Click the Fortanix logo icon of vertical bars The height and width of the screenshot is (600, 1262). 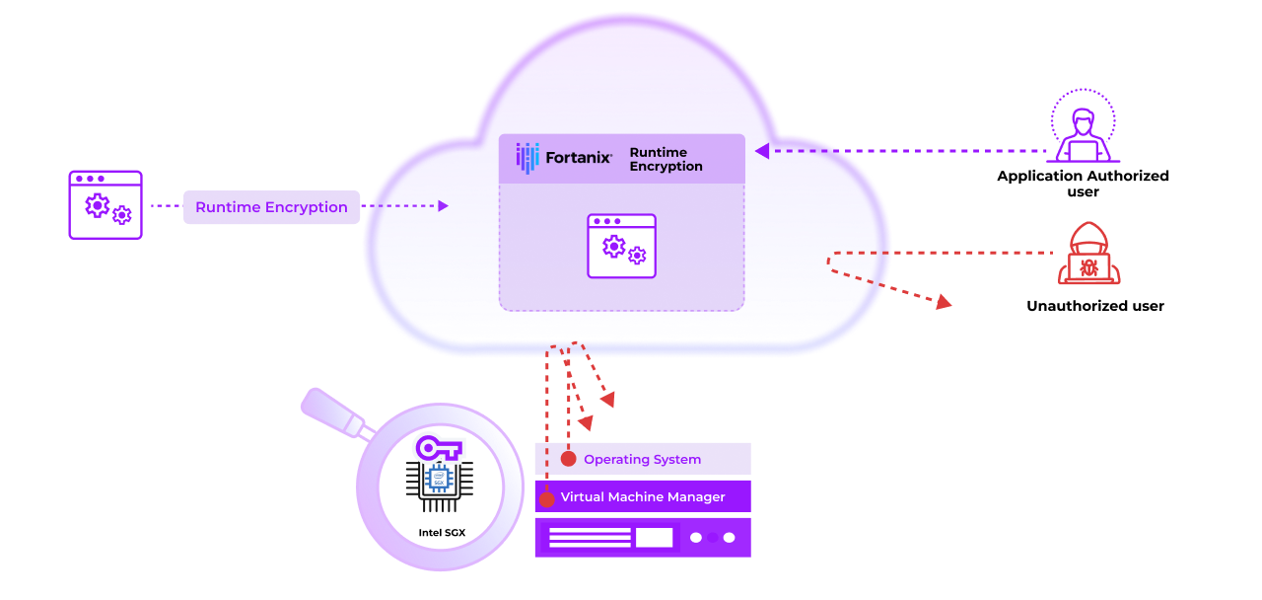click(x=528, y=158)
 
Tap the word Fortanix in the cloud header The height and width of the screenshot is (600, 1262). click(x=579, y=156)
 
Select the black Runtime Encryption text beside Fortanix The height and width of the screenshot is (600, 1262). click(x=666, y=160)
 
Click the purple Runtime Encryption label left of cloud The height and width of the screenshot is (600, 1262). click(x=271, y=207)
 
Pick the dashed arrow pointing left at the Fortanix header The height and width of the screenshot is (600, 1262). click(x=799, y=151)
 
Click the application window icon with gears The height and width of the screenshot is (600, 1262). click(x=621, y=246)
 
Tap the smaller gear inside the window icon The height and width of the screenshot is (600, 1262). click(x=637, y=256)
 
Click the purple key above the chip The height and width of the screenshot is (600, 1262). click(x=439, y=448)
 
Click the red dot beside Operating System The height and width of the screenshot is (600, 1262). click(x=568, y=459)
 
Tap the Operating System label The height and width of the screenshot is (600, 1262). click(x=642, y=460)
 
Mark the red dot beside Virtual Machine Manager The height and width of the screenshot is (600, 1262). click(x=546, y=499)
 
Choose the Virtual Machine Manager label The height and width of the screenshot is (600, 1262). click(x=643, y=497)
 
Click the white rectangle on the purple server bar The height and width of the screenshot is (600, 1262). click(x=654, y=538)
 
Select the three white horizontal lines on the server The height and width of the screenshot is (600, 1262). click(x=590, y=538)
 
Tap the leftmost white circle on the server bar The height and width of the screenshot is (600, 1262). click(x=696, y=538)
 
